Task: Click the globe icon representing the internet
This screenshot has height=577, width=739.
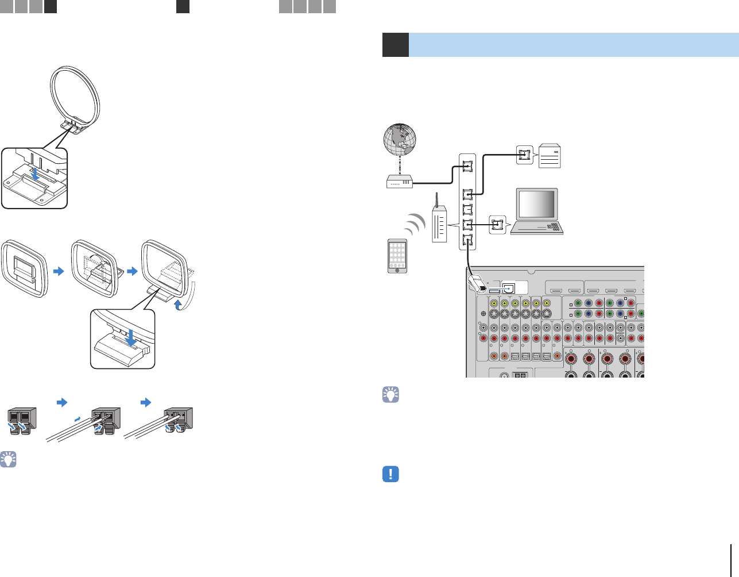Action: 399,140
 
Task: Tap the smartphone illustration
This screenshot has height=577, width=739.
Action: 397,256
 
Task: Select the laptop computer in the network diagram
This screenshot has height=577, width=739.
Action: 537,211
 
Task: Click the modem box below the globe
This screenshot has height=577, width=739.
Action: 400,182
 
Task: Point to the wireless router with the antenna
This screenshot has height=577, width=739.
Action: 438,224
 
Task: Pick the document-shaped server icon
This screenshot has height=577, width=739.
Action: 550,156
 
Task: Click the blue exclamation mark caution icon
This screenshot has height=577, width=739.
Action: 390,474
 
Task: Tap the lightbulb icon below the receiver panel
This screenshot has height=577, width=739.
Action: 390,395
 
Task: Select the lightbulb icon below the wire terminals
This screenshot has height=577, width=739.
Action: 8,459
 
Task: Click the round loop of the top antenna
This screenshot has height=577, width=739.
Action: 75,92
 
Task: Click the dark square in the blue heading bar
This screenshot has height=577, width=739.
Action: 395,45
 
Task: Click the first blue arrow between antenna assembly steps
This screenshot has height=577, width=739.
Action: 59,271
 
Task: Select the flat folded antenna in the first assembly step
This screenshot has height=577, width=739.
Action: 23,270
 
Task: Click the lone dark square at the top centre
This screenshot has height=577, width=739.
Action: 183,6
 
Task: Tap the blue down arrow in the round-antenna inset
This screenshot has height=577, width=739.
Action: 36,174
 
